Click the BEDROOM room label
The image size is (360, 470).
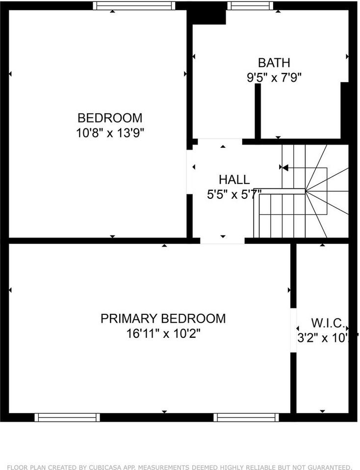pos(110,118)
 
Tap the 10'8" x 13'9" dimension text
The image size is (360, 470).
pos(110,133)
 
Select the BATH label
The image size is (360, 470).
pos(274,63)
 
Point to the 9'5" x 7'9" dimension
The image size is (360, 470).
pos(274,77)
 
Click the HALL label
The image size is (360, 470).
pos(234,180)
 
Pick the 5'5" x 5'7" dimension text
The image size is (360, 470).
pos(234,194)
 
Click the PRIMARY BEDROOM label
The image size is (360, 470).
pos(163,319)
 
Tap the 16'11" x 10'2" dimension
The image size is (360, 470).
pos(163,334)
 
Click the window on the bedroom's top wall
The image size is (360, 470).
pos(134,5)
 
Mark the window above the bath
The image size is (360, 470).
pos(250,5)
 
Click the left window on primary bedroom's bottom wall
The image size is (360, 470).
pos(67,418)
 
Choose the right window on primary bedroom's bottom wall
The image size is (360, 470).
pos(246,418)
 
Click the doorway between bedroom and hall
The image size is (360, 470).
pos(189,169)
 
